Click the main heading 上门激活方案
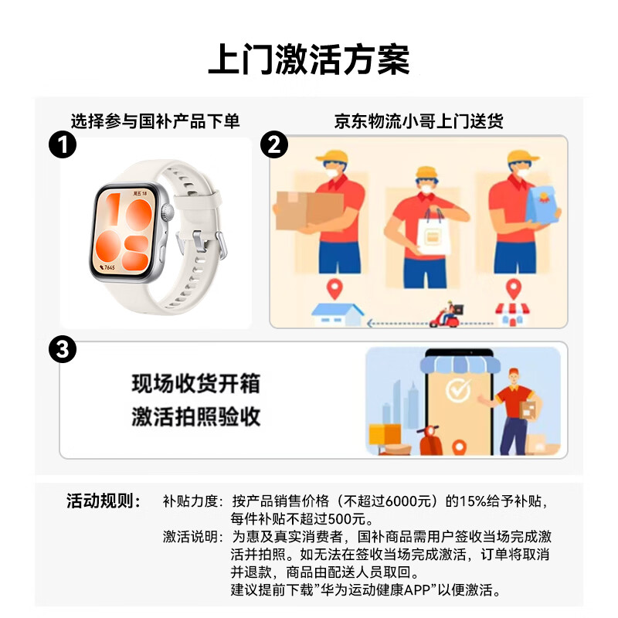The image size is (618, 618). (x=309, y=59)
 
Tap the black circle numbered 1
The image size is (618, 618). (x=63, y=144)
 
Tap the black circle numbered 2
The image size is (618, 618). (x=274, y=144)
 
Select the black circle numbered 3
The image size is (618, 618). (x=63, y=349)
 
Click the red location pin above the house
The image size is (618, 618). (x=334, y=289)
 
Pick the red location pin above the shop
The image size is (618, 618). (x=513, y=289)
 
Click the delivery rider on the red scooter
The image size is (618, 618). (x=447, y=315)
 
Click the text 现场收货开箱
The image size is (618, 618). (x=196, y=383)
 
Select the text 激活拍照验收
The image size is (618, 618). (x=196, y=416)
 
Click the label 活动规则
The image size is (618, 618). (x=104, y=501)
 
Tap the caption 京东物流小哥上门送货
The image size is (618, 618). (x=419, y=121)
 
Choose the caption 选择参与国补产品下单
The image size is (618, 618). (x=155, y=121)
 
